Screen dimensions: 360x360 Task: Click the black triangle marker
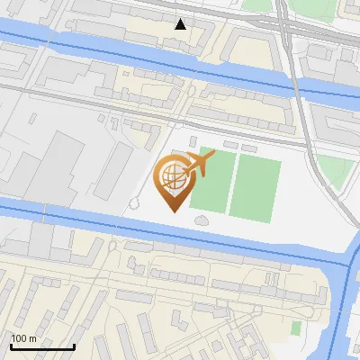pos(181,24)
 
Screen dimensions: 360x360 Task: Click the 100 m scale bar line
pos(42,346)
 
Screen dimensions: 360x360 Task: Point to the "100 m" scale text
pos(23,338)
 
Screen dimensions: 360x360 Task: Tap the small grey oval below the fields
pos(200,220)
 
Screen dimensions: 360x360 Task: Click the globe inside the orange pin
pos(175,176)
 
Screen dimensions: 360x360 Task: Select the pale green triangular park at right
pos(332,169)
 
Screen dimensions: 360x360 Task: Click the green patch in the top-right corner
pos(257,4)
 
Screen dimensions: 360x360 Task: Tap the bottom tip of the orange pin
pos(175,208)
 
